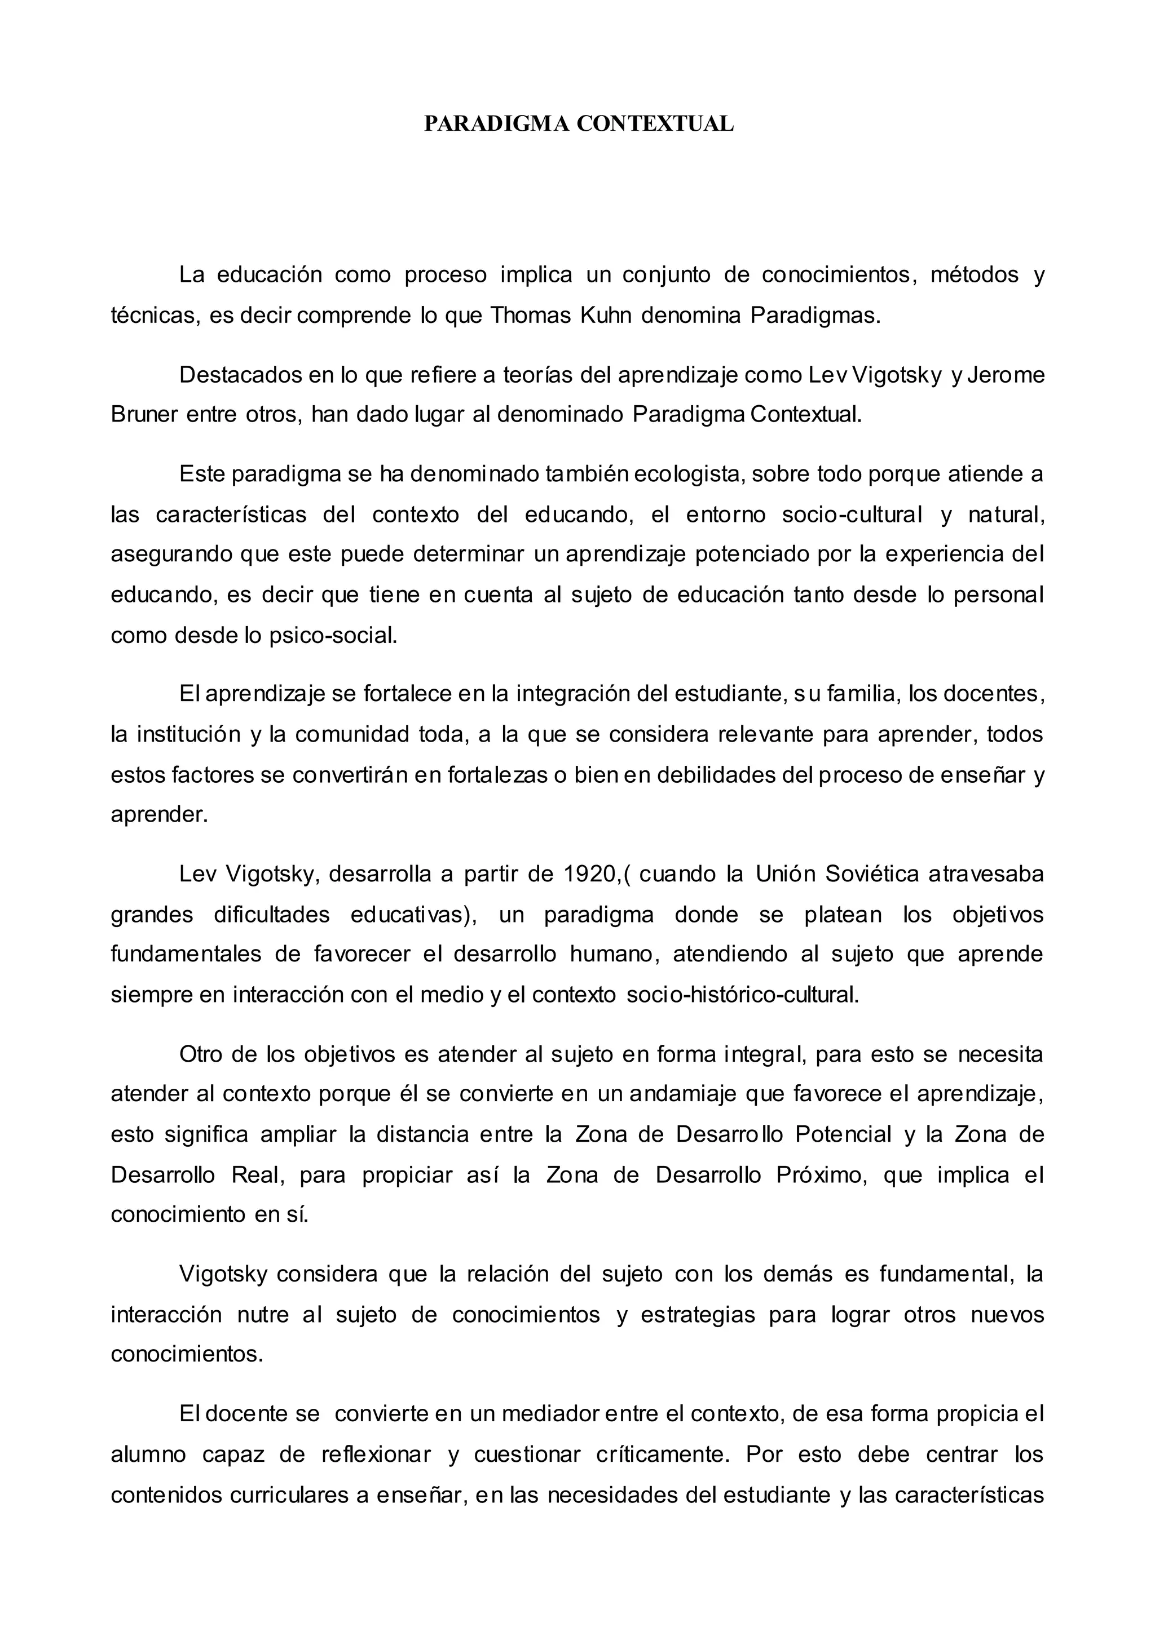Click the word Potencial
(843, 1134)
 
